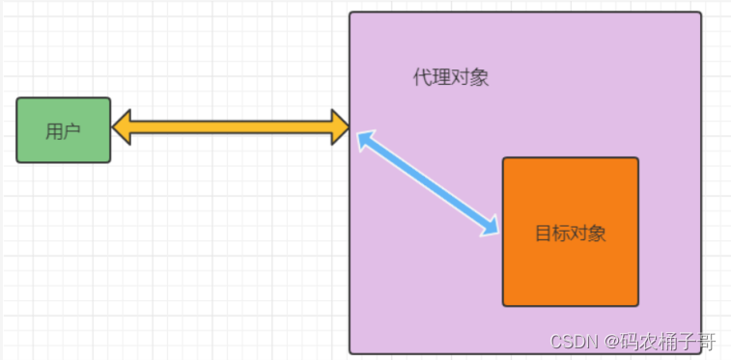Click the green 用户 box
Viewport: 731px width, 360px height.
tap(64, 129)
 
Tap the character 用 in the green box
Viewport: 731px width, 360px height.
tap(54, 131)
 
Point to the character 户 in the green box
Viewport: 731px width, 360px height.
tap(71, 131)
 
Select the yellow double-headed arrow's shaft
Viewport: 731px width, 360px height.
tap(230, 126)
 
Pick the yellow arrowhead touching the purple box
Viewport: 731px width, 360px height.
tap(338, 126)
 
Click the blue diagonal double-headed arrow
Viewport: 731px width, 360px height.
tap(428, 184)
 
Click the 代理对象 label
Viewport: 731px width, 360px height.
tap(451, 78)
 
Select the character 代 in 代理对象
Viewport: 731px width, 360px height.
tap(423, 78)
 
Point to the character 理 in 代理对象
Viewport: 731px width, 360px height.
tap(441, 78)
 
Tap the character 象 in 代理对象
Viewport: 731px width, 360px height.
tap(479, 78)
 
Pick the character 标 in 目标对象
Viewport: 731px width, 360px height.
tap(561, 233)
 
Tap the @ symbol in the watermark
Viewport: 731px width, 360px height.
tap(610, 342)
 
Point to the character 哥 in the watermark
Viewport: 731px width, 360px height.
tap(707, 342)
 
